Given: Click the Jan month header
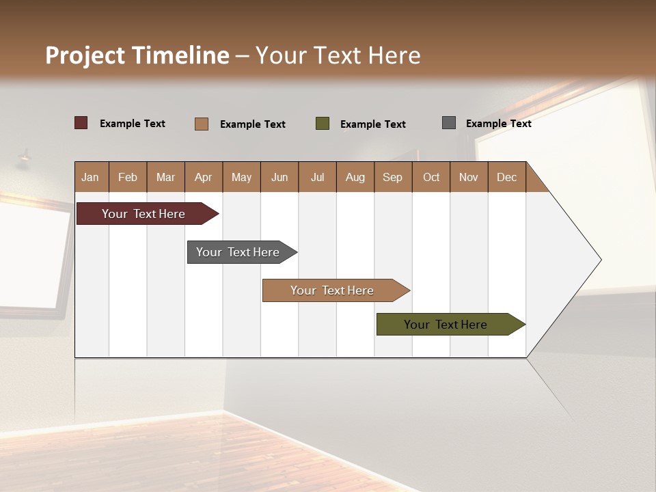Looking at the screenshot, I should (91, 177).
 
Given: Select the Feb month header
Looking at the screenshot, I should (128, 177).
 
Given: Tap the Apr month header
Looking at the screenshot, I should (203, 177).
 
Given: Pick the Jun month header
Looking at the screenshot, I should (279, 177).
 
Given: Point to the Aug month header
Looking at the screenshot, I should (355, 177).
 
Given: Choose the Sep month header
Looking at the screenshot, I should (392, 177).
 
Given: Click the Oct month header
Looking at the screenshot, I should (431, 177).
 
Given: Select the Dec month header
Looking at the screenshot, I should (506, 177).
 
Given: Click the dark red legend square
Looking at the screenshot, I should (81, 123).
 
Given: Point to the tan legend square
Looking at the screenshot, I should (202, 124).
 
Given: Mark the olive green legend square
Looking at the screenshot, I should (323, 124).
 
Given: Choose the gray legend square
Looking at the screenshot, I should (449, 123).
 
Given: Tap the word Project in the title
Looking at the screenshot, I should (84, 55).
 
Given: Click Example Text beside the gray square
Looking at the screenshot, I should (498, 124).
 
